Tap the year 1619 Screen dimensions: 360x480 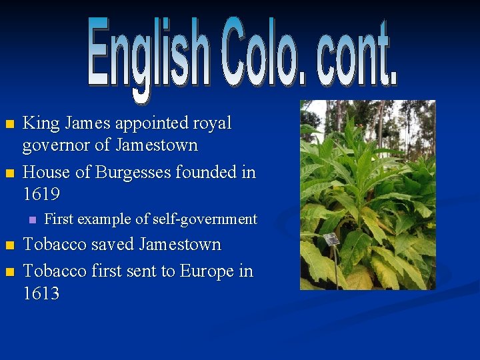click(41, 195)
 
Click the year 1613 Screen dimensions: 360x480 click(41, 293)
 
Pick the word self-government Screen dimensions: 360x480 click(205, 219)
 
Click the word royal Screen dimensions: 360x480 click(211, 123)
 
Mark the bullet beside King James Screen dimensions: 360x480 click(9, 125)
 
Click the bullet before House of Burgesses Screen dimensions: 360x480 click(9, 174)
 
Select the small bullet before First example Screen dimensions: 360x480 click(30, 220)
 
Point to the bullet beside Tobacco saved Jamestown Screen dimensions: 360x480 click(9, 246)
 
